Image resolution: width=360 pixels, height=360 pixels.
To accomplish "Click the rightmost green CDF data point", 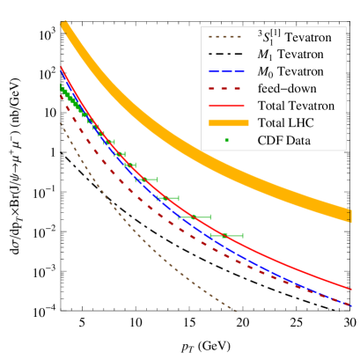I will pyautogui.click(x=225, y=235).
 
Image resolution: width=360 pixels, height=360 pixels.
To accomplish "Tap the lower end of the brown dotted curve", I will pyautogui.click(x=236, y=310).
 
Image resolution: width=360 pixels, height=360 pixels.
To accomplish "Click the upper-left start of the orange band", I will pyautogui.click(x=63, y=27).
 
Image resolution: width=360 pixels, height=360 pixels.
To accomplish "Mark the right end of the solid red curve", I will pyautogui.click(x=352, y=288).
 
